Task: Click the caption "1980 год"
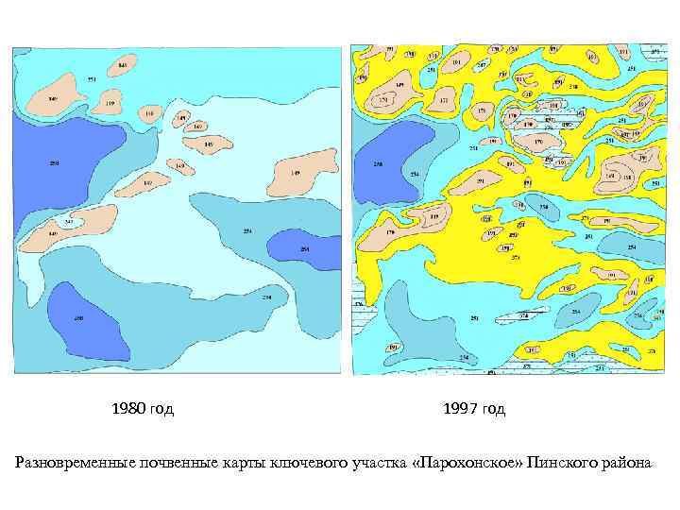143,409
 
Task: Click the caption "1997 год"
473,409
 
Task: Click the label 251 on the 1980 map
91,79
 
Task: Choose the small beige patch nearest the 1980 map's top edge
122,65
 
